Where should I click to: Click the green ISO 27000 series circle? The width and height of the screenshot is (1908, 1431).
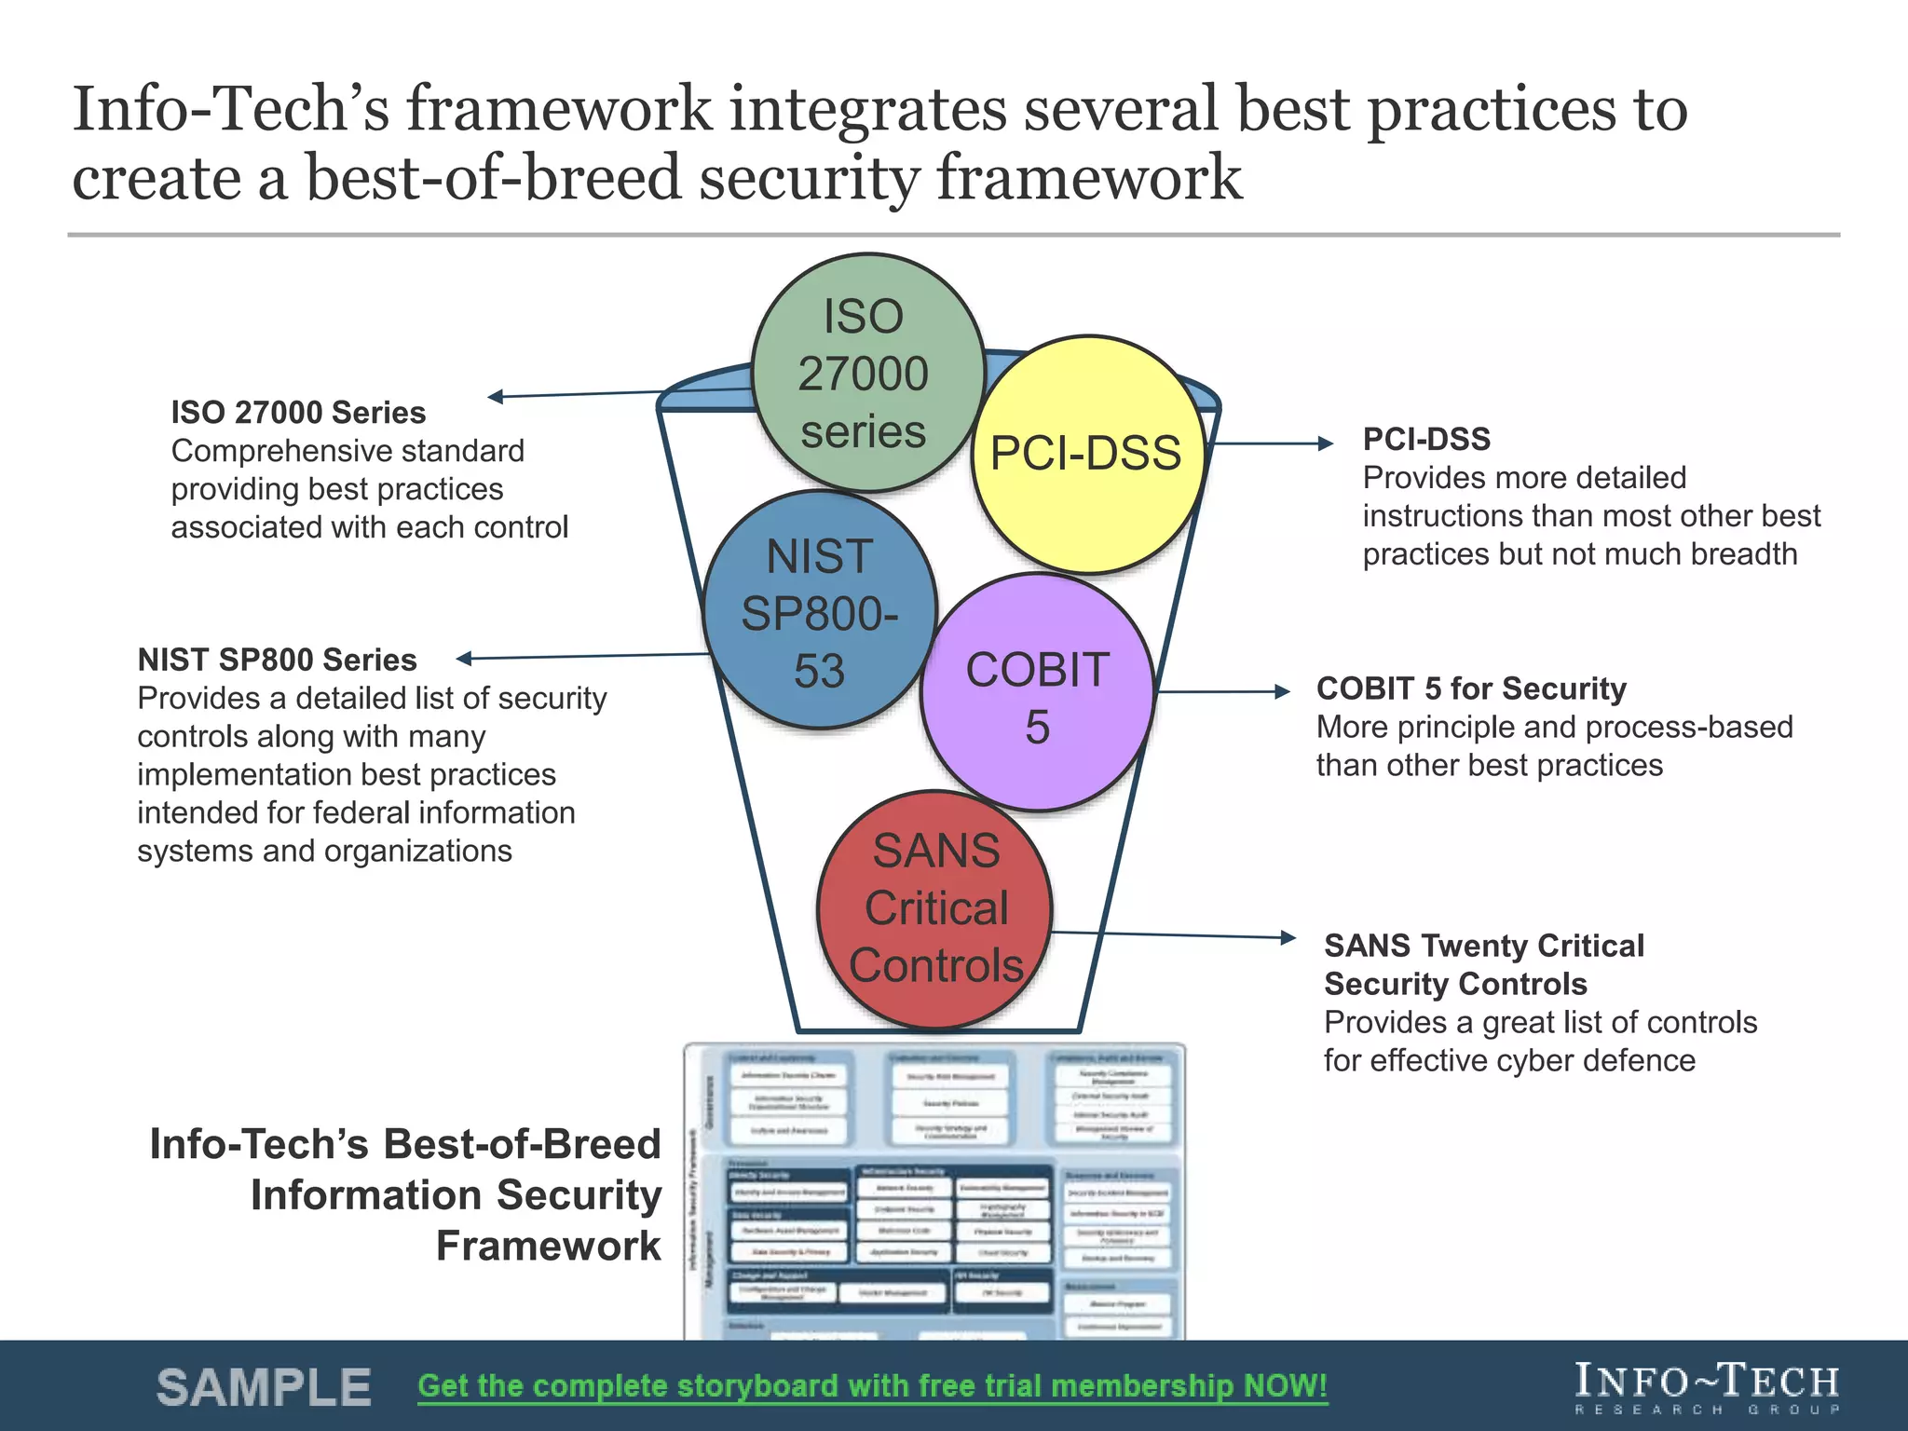point(866,373)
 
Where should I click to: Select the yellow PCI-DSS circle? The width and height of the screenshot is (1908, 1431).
point(1087,454)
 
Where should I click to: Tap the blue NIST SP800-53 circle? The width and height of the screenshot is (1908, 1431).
point(819,611)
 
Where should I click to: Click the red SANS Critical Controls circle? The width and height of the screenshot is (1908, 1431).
point(935,909)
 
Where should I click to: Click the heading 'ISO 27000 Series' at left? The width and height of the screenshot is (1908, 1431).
point(298,412)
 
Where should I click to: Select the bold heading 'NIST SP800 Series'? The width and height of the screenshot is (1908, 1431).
point(277,660)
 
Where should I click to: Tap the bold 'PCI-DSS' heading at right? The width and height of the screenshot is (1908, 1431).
point(1426,439)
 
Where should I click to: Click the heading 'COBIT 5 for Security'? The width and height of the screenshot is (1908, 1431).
point(1471,688)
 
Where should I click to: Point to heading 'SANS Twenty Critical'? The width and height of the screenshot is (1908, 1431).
point(1484,946)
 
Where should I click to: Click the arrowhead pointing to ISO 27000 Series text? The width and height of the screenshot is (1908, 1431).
point(496,397)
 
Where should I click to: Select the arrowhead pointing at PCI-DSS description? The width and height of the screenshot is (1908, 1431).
point(1326,443)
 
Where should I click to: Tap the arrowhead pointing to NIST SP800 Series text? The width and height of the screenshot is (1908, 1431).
point(464,659)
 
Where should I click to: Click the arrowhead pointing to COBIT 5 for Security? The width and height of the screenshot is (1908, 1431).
point(1283,691)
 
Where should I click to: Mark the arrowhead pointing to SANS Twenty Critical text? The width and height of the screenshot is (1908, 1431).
point(1288,937)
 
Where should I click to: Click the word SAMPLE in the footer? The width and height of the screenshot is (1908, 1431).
point(264,1388)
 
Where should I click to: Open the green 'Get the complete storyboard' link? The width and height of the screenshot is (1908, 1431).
point(872,1386)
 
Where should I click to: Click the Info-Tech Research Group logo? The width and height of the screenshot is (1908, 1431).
point(1707,1386)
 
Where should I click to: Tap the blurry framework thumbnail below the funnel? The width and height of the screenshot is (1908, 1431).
point(934,1192)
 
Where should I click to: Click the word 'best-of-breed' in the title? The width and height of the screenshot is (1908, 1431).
point(494,178)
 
